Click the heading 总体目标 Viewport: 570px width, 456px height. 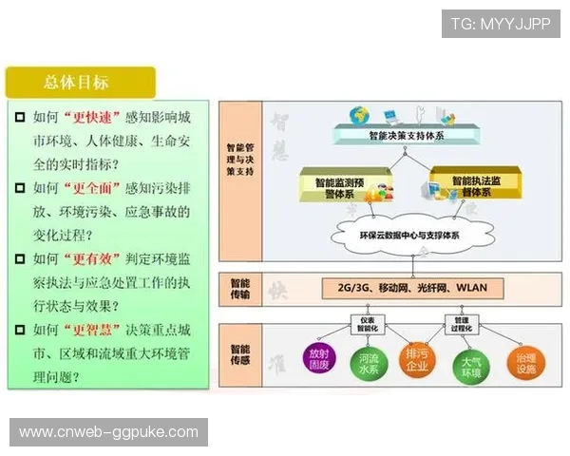pyautogui.click(x=76, y=82)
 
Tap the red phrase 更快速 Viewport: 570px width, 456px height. pyautogui.click(x=93, y=118)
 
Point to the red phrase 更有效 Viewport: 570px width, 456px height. pyautogui.click(x=93, y=258)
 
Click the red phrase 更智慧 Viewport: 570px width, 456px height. pyautogui.click(x=93, y=330)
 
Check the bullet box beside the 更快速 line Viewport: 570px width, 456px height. pyautogui.click(x=19, y=118)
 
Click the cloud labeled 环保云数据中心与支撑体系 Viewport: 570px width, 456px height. pyautogui.click(x=408, y=235)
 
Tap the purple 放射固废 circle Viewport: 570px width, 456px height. pyautogui.click(x=319, y=360)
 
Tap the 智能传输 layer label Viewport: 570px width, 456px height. pyautogui.click(x=240, y=288)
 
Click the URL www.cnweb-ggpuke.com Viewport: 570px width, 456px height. pyautogui.click(x=109, y=432)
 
